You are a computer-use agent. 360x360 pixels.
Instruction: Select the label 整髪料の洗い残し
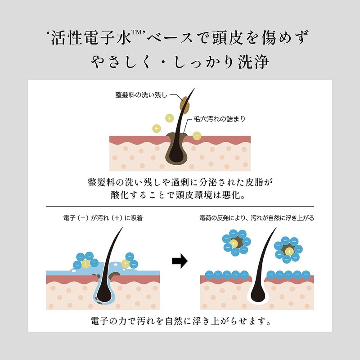(141, 95)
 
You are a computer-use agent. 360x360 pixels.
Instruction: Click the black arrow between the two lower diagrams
(180, 261)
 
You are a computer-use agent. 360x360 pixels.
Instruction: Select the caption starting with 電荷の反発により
(257, 218)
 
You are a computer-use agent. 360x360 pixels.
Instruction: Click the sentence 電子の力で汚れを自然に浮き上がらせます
(180, 322)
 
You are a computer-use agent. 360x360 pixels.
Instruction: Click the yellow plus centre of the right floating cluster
(288, 251)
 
